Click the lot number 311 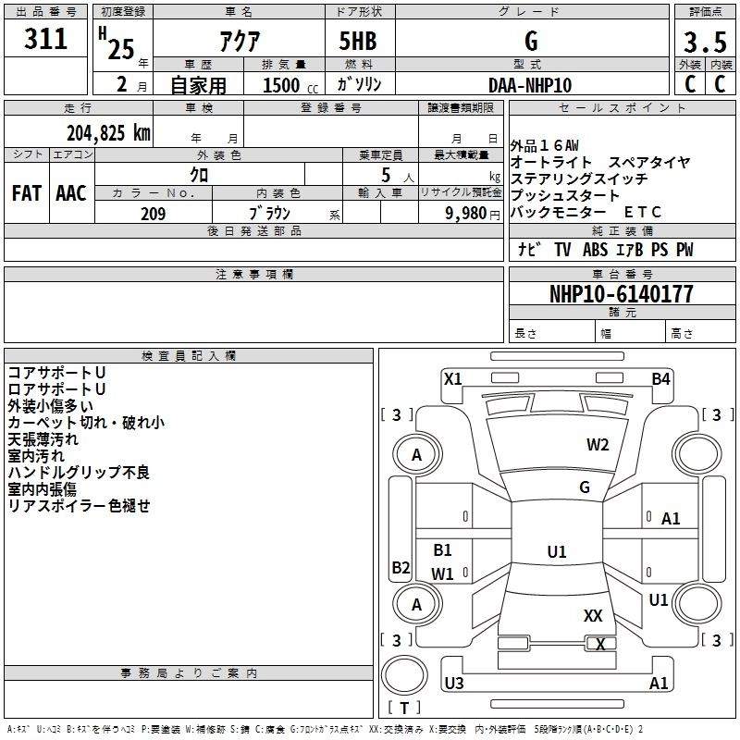pos(45,38)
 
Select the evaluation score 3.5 pos(705,42)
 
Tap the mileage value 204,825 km pos(108,133)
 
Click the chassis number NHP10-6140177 pos(622,293)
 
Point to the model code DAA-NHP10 pos(530,85)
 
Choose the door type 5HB pos(358,41)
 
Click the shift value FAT pos(27,193)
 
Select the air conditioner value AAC pos(71,193)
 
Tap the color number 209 pos(153,214)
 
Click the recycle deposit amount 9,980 pos(466,213)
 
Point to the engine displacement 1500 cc pos(290,85)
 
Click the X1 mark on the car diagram pos(452,379)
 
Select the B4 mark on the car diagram pos(660,379)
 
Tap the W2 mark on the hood pos(598,445)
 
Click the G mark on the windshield pos(585,487)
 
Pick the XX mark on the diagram pos(593,615)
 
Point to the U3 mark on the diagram pos(454,683)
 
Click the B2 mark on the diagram pos(401,567)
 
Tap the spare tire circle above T pos(404,675)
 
